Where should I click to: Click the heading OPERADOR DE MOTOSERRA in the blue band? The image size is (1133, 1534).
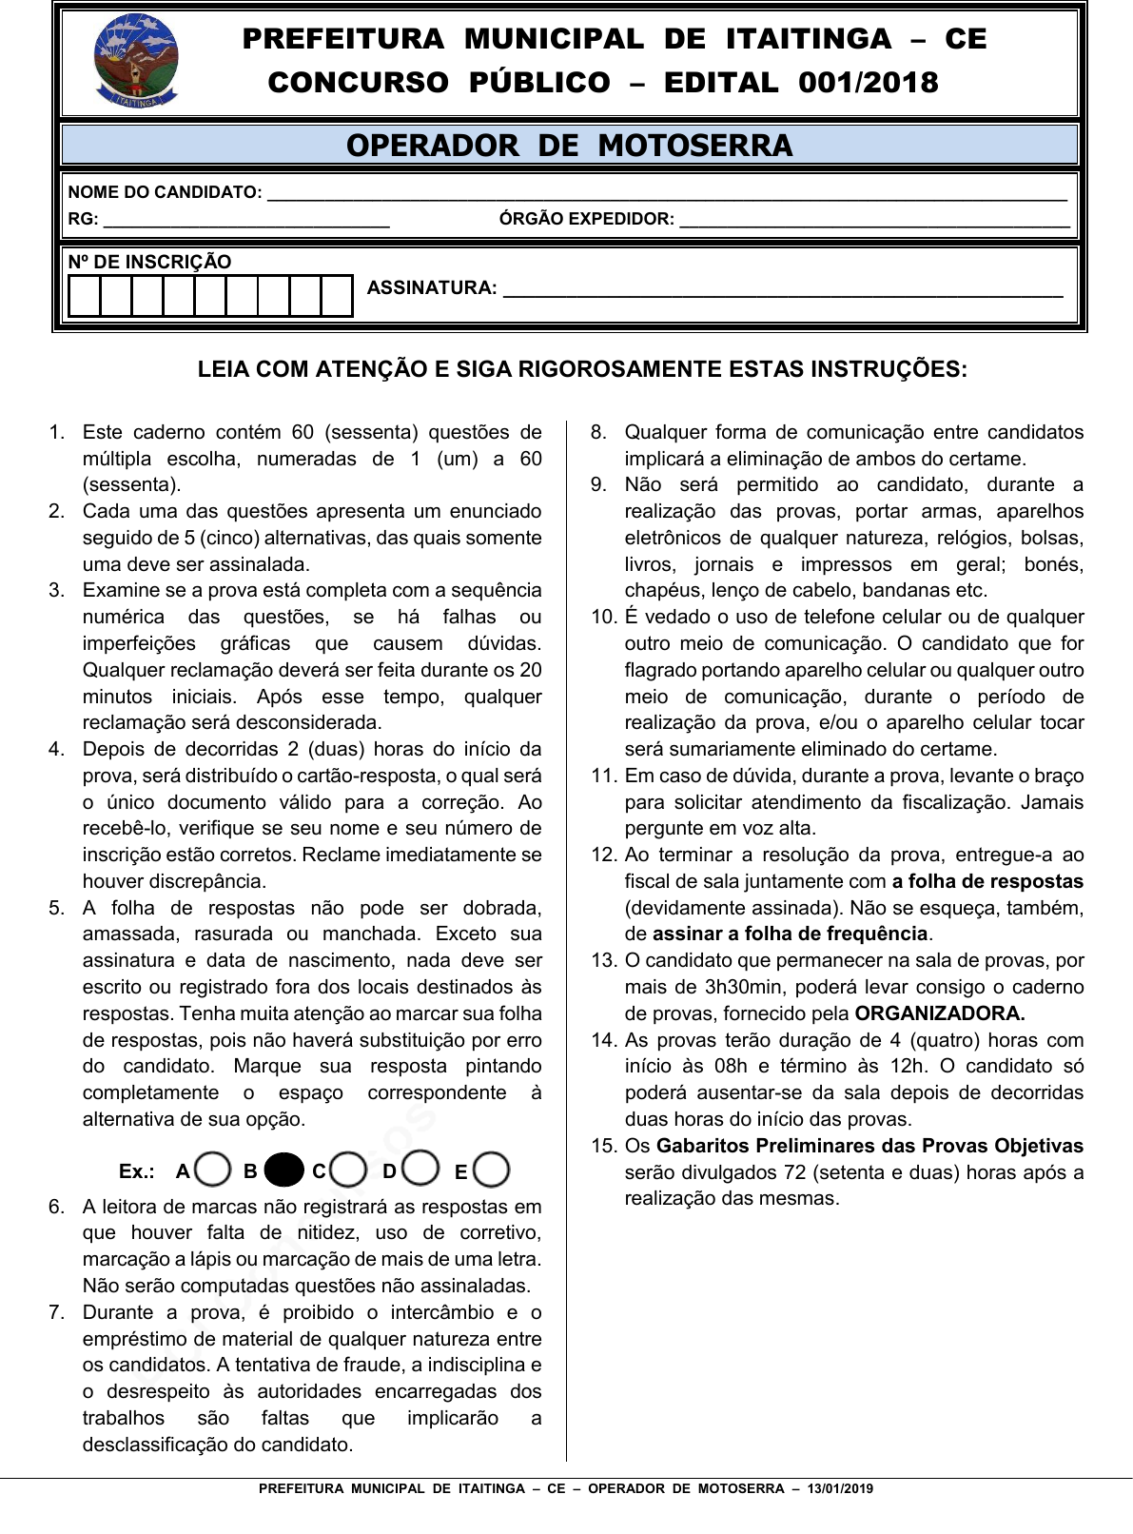(x=569, y=146)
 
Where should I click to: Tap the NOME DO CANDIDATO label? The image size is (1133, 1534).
(x=165, y=192)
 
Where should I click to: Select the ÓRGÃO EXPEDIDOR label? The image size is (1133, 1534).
(x=586, y=219)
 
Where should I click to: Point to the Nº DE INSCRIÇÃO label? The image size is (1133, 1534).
(x=149, y=262)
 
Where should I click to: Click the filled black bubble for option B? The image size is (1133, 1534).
(x=283, y=1170)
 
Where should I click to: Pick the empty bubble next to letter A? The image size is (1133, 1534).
(x=213, y=1170)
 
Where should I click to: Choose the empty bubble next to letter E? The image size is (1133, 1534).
(x=491, y=1170)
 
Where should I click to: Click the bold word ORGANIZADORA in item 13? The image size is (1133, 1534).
(x=939, y=1013)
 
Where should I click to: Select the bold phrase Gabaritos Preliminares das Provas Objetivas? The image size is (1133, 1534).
(x=869, y=1146)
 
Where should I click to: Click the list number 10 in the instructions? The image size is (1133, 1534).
(x=604, y=617)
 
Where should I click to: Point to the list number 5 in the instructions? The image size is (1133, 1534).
(x=56, y=908)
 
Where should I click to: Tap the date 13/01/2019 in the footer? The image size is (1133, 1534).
(x=840, y=1488)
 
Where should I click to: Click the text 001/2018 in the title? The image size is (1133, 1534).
(x=868, y=83)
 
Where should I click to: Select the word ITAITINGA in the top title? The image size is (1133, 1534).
(x=808, y=39)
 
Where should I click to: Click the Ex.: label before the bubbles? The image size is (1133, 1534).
(x=137, y=1171)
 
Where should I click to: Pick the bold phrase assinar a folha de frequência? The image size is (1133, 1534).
(x=790, y=934)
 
